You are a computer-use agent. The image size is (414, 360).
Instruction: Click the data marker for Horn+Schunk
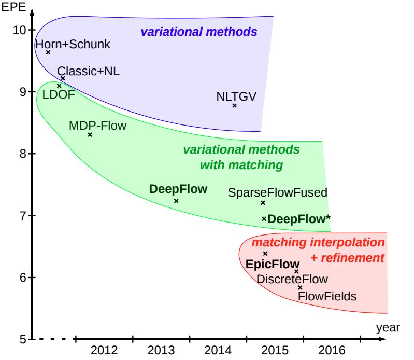click(x=48, y=52)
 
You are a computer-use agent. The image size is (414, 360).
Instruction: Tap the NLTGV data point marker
click(x=234, y=105)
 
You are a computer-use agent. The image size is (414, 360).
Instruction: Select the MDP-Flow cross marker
click(x=90, y=134)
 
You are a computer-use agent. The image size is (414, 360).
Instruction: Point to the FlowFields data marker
click(x=300, y=287)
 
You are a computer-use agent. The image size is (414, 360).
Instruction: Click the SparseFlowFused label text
click(x=278, y=192)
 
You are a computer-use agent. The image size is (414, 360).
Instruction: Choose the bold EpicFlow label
click(x=273, y=264)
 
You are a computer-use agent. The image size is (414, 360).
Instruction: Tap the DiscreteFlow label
click(x=292, y=279)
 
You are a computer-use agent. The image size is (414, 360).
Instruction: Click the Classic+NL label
click(x=88, y=71)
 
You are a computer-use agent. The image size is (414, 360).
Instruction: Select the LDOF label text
click(x=59, y=94)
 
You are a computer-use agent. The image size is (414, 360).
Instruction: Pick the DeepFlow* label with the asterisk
click(x=299, y=219)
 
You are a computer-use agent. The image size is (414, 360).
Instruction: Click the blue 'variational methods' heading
click(x=199, y=32)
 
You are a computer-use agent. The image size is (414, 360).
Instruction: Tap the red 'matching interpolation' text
click(x=318, y=242)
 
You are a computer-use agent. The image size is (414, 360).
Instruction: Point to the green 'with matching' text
click(x=241, y=165)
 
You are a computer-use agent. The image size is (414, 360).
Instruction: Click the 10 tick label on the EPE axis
click(x=19, y=30)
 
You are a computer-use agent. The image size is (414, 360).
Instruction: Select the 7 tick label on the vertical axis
click(x=23, y=216)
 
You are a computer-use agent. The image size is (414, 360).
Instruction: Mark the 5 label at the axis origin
click(x=23, y=339)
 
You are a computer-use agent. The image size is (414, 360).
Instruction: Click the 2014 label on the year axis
click(x=218, y=350)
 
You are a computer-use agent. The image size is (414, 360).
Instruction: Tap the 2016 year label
click(x=332, y=350)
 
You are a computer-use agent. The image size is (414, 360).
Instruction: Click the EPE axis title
click(x=13, y=7)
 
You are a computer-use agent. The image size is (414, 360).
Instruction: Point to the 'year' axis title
click(x=388, y=328)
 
